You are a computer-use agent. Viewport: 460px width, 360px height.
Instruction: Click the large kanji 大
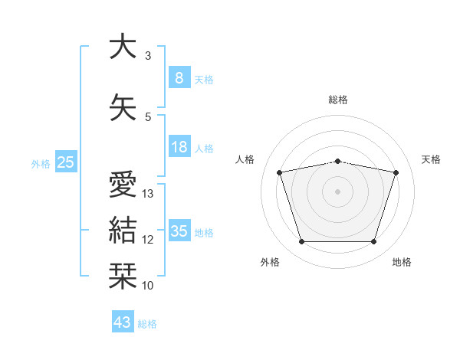coord(123,45)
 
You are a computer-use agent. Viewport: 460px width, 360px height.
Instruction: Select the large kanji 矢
coord(123,107)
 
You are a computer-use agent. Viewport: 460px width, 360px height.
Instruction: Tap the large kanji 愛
coord(123,184)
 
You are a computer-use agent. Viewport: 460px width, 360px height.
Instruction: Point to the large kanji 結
coord(123,230)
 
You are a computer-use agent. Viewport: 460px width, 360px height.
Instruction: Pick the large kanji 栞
coord(123,276)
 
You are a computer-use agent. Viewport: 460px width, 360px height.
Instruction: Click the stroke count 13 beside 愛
coord(147,194)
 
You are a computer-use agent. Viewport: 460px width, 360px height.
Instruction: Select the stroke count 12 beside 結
coord(147,240)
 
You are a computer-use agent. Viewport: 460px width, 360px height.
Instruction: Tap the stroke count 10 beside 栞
coord(147,286)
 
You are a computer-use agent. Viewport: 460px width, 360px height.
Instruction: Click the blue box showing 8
coord(179,77)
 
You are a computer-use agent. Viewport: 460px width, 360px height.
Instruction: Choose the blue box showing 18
coord(179,146)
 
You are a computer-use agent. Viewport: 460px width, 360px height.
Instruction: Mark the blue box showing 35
coord(179,230)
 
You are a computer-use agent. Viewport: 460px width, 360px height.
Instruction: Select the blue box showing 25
coord(66,162)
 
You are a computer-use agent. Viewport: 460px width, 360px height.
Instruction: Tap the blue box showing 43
coord(123,321)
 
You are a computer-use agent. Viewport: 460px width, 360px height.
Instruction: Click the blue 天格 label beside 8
coord(204,80)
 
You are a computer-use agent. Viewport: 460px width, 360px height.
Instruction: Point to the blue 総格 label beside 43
coord(147,324)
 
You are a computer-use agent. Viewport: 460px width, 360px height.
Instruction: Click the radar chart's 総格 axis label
coord(338,100)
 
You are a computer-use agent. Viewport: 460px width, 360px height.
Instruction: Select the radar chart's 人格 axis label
coord(245,159)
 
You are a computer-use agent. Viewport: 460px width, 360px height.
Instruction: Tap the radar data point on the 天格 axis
coord(396,172)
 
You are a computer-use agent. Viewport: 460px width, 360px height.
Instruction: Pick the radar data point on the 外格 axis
coord(302,242)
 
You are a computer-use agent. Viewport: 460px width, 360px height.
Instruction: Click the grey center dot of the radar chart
coord(337,191)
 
